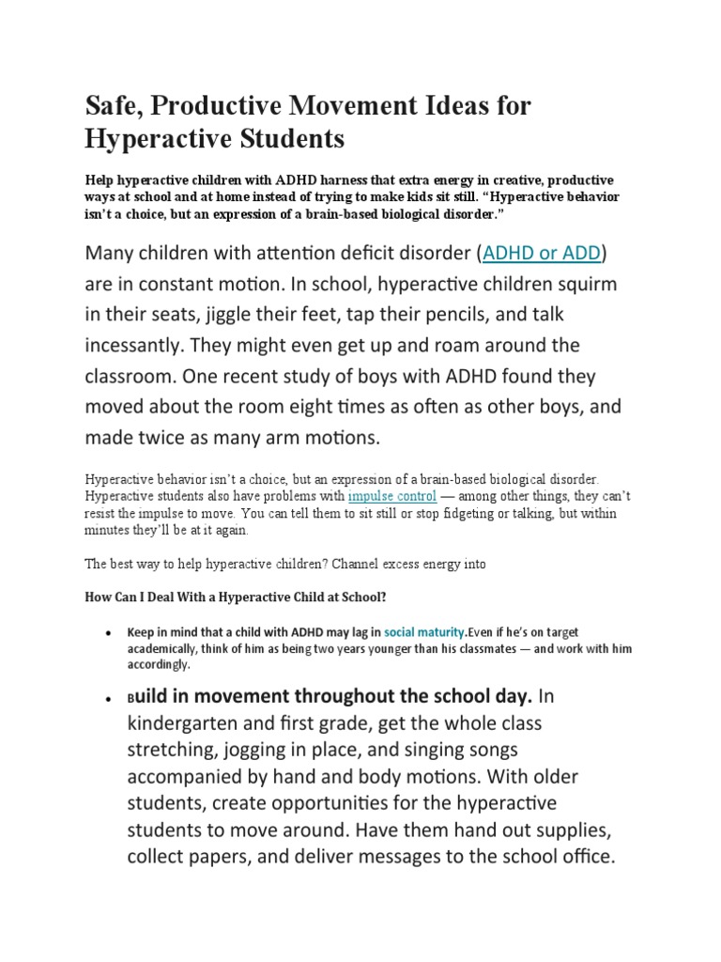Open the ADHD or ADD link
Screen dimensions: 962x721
(x=545, y=253)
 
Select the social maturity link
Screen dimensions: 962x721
(x=423, y=632)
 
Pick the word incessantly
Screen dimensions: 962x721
(x=144, y=346)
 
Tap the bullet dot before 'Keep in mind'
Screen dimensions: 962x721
(x=110, y=633)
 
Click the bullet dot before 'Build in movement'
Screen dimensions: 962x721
(x=110, y=698)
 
